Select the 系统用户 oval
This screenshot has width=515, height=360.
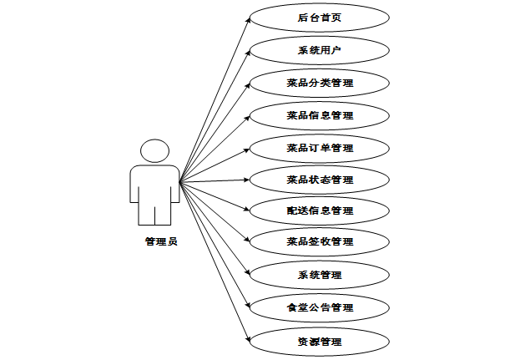[320, 50]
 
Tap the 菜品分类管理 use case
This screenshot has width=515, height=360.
[320, 83]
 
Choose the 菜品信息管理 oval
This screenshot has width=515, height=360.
[320, 114]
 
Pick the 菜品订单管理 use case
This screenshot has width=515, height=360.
[320, 147]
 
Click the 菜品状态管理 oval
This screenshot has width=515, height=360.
[320, 179]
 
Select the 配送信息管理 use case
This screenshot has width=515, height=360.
[320, 210]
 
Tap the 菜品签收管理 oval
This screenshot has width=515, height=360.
[320, 242]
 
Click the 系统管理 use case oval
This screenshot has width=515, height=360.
[320, 274]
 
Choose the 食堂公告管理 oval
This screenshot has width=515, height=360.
[320, 307]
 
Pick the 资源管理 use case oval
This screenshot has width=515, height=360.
[320, 341]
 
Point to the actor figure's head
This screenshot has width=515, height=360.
[155, 150]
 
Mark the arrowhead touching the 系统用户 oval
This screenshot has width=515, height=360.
[247, 52]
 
